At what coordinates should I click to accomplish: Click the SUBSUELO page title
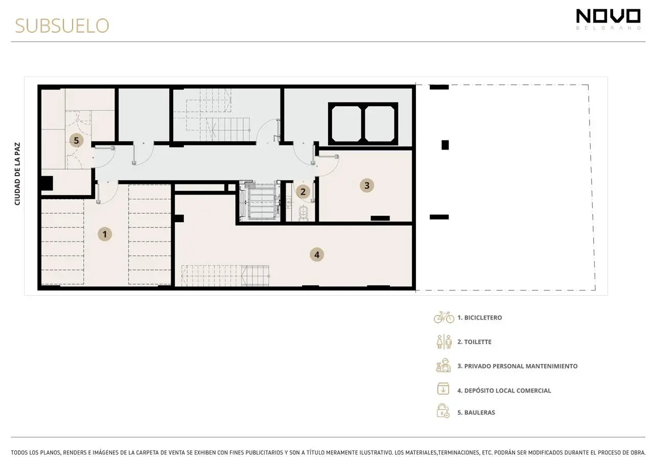pyautogui.click(x=62, y=26)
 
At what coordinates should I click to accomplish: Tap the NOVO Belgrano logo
pyautogui.click(x=608, y=19)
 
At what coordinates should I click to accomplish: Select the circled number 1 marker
pyautogui.click(x=105, y=234)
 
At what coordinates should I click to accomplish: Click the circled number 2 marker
pyautogui.click(x=303, y=191)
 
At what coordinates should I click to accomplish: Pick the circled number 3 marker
pyautogui.click(x=367, y=185)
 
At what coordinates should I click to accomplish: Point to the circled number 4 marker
pyautogui.click(x=317, y=255)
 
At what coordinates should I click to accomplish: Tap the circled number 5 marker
pyautogui.click(x=76, y=140)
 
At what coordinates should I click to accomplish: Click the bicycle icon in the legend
pyautogui.click(x=444, y=317)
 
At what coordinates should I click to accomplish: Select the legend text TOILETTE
pyautogui.click(x=478, y=342)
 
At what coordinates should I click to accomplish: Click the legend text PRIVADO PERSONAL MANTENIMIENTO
pyautogui.click(x=521, y=366)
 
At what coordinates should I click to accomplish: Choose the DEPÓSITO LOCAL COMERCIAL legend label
pyautogui.click(x=507, y=391)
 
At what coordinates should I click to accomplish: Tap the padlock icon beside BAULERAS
pyautogui.click(x=443, y=411)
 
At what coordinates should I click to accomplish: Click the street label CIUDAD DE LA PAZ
pyautogui.click(x=17, y=174)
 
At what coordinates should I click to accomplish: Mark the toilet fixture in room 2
pyautogui.click(x=303, y=213)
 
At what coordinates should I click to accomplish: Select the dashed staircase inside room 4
pyautogui.click(x=225, y=276)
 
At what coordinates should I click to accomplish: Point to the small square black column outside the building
pyautogui.click(x=445, y=145)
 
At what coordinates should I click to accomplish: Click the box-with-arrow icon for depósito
pyautogui.click(x=443, y=389)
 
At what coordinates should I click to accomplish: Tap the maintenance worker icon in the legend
pyautogui.click(x=443, y=365)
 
